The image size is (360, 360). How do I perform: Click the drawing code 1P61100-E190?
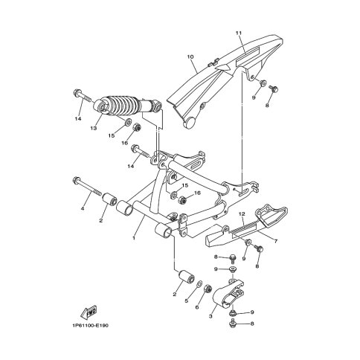90,326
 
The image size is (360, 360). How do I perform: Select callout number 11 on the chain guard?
238,33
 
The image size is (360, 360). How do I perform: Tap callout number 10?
190,57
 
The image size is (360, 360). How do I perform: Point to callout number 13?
94,128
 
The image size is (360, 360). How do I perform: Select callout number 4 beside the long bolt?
83,209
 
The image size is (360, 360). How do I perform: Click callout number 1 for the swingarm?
134,238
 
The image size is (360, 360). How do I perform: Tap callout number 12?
242,213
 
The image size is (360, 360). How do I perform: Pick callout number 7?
275,241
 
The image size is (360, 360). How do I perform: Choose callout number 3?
210,316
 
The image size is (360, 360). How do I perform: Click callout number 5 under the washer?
187,301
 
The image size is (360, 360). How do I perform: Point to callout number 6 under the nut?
197,307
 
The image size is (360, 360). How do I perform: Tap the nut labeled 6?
208,289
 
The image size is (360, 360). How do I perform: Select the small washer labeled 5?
199,283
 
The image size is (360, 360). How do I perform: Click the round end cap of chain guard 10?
190,123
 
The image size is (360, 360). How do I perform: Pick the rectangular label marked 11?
247,58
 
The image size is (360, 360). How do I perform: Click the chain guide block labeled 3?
228,295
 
